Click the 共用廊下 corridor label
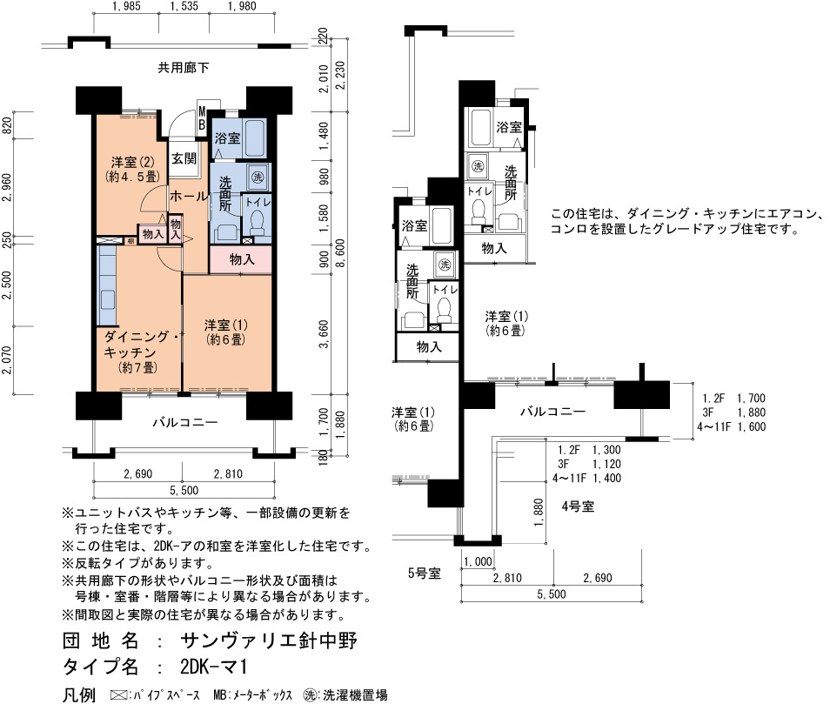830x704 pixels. [184, 68]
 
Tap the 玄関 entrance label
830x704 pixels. [184, 158]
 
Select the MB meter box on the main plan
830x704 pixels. [202, 118]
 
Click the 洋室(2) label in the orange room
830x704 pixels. [132, 162]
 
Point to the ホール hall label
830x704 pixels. [189, 196]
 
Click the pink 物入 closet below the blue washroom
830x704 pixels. [241, 259]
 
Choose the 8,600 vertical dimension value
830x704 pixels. [340, 253]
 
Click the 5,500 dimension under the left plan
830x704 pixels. [184, 490]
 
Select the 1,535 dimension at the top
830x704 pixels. [184, 6]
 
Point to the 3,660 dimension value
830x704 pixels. [324, 333]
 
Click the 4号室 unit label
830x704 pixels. [578, 506]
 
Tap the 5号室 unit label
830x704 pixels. [424, 573]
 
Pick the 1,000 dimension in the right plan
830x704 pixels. [478, 561]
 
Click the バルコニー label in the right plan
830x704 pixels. [552, 412]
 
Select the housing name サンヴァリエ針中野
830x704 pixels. [269, 641]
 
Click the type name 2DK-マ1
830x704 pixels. [213, 667]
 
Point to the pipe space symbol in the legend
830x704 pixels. [118, 694]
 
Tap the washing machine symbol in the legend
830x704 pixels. [311, 694]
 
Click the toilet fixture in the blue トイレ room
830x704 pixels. [258, 222]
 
